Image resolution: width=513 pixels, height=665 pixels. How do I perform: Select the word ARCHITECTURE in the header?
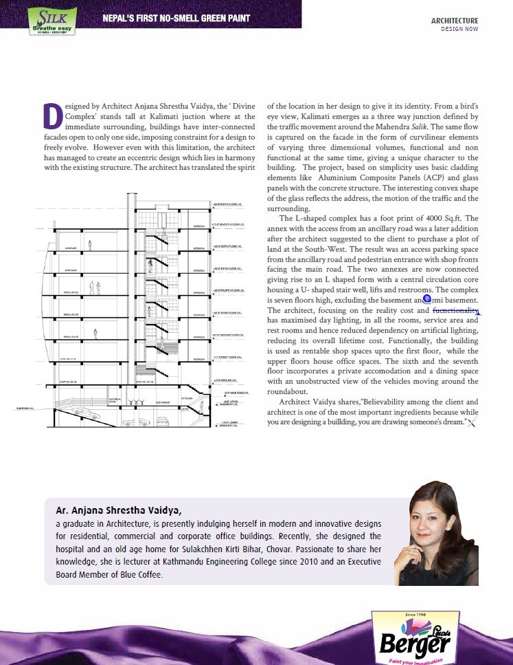click(455, 21)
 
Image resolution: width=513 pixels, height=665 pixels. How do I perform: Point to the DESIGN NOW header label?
click(459, 30)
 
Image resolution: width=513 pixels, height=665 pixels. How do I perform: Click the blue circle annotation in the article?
click(427, 299)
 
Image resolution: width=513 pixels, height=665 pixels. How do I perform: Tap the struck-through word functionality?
click(455, 310)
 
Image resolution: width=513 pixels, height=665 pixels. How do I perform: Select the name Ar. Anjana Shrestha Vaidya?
click(119, 511)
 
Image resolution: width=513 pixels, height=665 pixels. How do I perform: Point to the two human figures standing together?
click(95, 287)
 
